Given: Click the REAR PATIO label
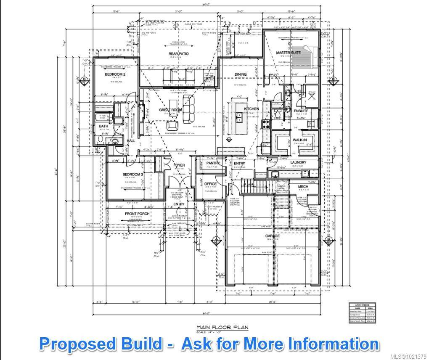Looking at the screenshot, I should point(179,54).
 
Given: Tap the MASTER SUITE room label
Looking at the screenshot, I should point(288,53).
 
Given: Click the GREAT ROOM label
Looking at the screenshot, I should point(170,110).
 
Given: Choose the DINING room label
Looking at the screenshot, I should point(241,74).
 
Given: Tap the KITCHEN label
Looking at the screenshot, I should point(252,109).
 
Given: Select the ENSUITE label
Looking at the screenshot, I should point(301,111).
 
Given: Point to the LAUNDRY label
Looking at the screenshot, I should point(298,162).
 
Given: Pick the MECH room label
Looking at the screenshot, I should point(303,186).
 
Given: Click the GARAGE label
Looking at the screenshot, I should point(272,236).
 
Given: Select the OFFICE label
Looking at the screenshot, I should point(210,184).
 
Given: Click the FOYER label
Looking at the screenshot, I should point(179,165).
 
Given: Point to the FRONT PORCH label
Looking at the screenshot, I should point(137,214).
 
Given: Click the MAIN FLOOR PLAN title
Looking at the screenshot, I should point(222,327).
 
